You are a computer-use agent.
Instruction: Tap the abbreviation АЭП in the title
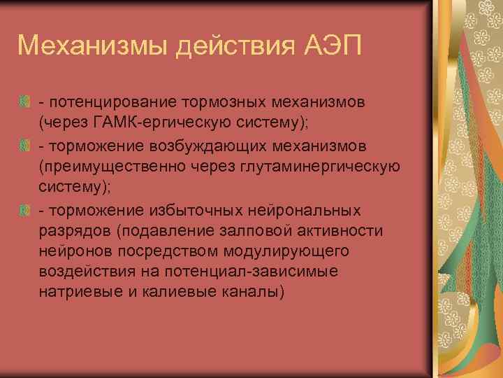point(329,47)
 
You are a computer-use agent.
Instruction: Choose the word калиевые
point(168,291)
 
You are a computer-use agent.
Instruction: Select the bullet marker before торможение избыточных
point(25,210)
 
